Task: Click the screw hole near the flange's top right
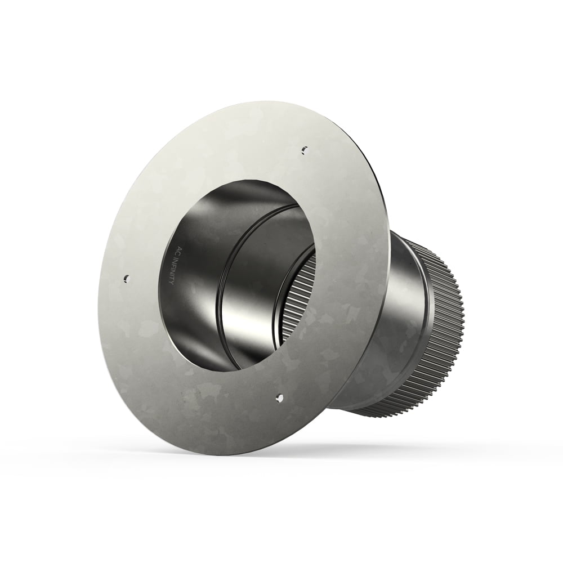point(305,149)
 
